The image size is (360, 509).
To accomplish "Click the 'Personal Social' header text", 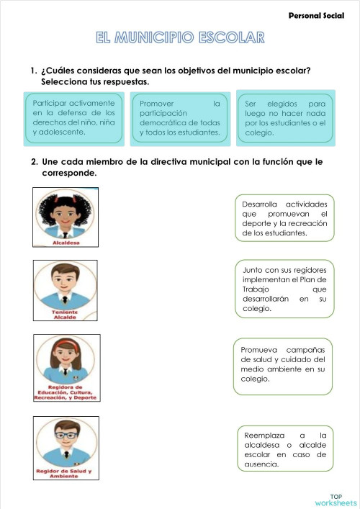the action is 316,14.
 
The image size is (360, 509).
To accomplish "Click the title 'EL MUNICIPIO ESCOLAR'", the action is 180,37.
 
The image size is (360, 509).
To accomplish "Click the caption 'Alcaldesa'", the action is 66,243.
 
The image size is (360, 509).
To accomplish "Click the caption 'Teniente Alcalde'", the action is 66,315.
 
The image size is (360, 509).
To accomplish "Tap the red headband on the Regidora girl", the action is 66,345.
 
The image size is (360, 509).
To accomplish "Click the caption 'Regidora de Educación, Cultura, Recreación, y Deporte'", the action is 66,393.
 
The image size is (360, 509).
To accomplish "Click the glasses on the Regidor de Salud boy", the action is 66,436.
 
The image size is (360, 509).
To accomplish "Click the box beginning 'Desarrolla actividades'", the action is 284,218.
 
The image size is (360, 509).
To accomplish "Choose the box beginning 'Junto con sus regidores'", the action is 284,289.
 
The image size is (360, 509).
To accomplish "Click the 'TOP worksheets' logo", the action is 336,500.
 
